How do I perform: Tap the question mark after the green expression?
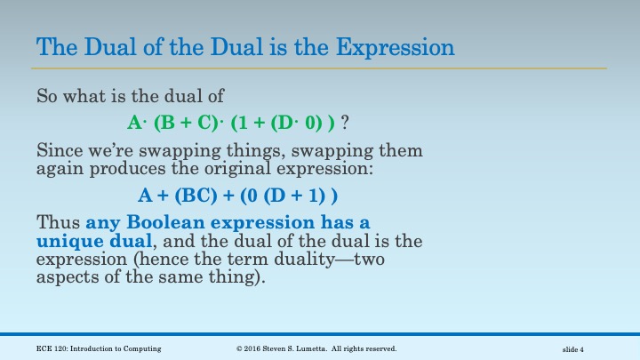pyautogui.click(x=345, y=122)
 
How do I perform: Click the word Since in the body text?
pyautogui.click(x=56, y=150)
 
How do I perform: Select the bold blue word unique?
pyautogui.click(x=68, y=240)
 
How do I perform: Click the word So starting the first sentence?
pyautogui.click(x=46, y=95)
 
